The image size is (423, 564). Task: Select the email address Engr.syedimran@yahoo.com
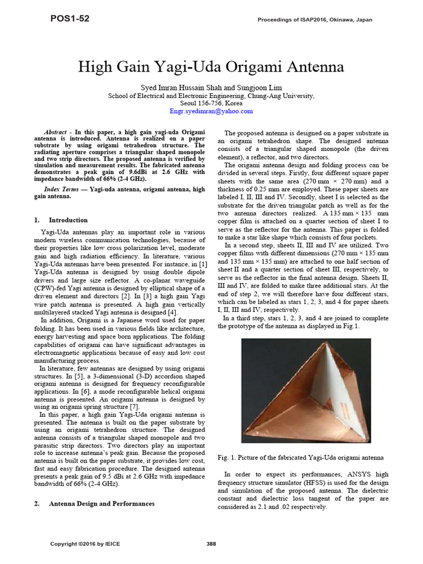point(211,111)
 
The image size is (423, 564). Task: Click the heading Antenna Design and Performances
point(101,503)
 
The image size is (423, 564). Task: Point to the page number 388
point(211,544)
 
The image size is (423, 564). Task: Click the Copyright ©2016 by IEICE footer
point(85,544)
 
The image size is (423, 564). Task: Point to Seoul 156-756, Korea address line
point(211,103)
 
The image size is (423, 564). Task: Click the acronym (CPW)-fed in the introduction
point(49,289)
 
